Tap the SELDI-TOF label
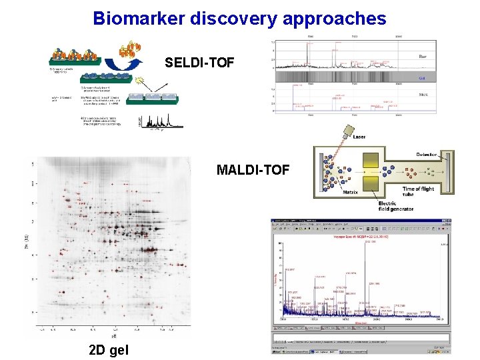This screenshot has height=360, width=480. pos(199,63)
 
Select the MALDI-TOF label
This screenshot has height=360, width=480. pos(253,170)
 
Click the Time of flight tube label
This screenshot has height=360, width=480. pos(419,192)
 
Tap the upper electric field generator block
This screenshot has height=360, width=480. pos(371,159)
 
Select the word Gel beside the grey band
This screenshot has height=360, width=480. pos(423,77)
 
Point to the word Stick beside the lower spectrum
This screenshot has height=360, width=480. pos(423,95)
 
